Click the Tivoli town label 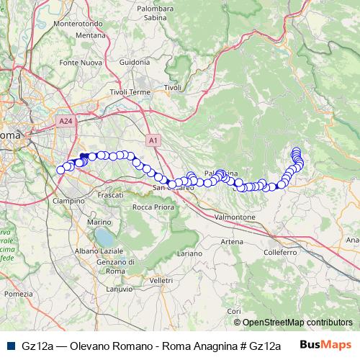pyautogui.click(x=173, y=87)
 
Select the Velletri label pyautogui.click(x=162, y=279)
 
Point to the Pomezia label pyautogui.click(x=19, y=294)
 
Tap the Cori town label pyautogui.click(x=236, y=310)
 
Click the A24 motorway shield pyautogui.click(x=66, y=121)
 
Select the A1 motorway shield pyautogui.click(x=153, y=140)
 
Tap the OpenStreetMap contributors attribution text pyautogui.click(x=297, y=323)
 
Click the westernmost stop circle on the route pyautogui.click(x=60, y=170)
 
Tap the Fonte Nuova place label pyautogui.click(x=78, y=63)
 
